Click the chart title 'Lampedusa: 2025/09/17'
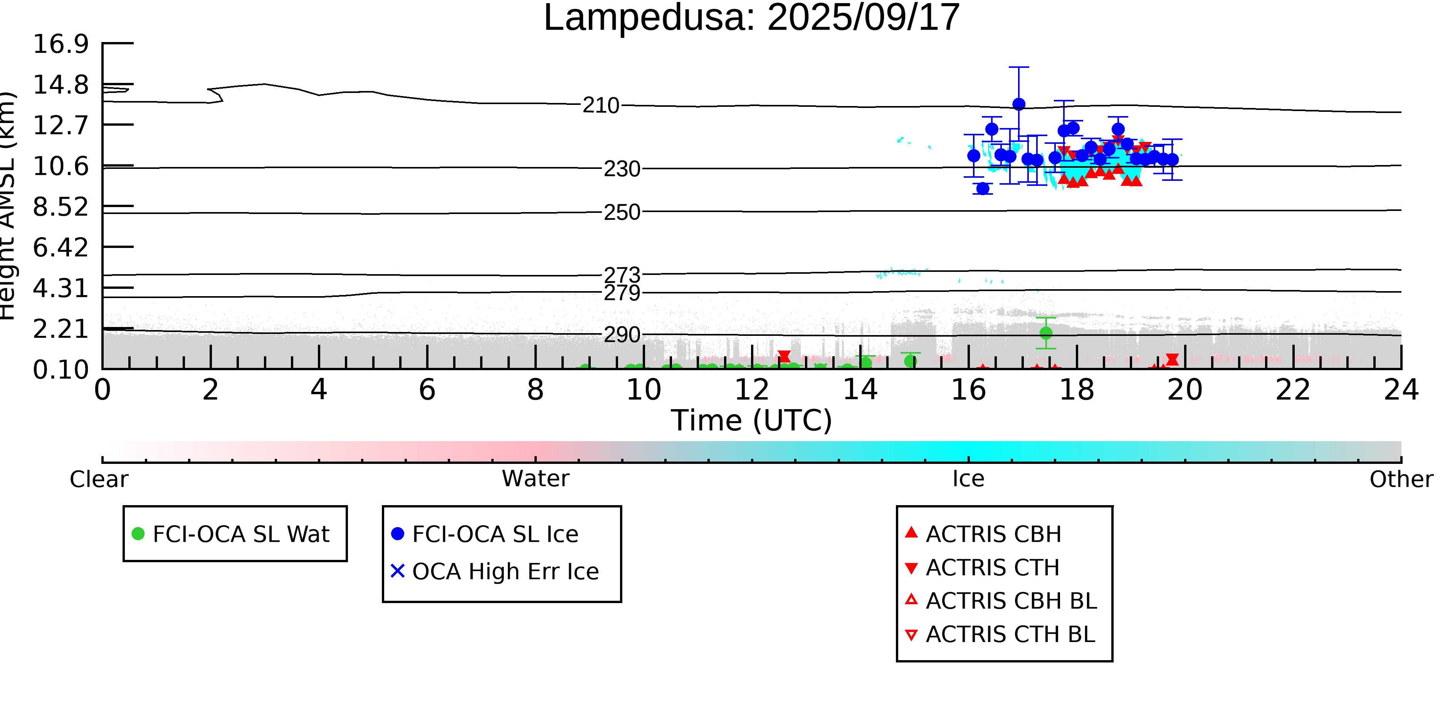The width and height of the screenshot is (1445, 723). click(x=752, y=18)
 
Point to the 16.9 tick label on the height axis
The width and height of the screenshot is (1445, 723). click(x=60, y=44)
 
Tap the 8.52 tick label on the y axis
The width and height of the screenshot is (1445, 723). click(x=60, y=207)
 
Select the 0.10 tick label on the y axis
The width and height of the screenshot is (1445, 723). click(x=60, y=370)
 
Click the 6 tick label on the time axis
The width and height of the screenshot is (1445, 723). click(x=427, y=390)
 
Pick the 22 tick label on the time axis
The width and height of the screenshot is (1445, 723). click(x=1293, y=390)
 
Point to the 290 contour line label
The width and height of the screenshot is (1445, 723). click(x=622, y=335)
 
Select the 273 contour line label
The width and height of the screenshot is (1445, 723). click(x=622, y=275)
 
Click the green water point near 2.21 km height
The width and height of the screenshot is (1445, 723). click(x=1046, y=333)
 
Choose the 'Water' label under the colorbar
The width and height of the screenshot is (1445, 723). click(x=536, y=479)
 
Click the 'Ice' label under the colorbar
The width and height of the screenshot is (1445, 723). click(x=968, y=479)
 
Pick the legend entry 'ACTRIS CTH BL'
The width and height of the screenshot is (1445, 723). click(x=1000, y=634)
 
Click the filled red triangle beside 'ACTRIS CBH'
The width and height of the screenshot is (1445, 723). click(x=912, y=532)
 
